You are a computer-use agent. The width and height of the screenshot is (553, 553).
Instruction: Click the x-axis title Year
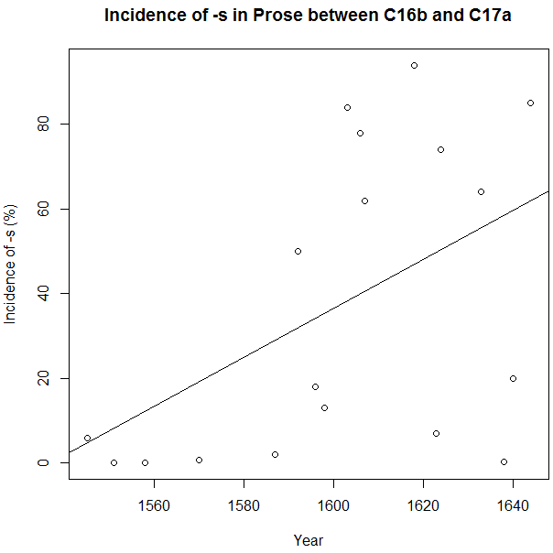coord(308,540)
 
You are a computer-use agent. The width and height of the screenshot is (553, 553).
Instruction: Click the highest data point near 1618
coord(414,65)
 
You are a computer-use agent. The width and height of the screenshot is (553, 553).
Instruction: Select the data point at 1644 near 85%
coord(530,103)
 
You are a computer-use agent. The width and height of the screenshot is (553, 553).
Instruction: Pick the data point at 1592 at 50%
coord(298,251)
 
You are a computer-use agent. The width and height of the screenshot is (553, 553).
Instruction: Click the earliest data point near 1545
coord(87,438)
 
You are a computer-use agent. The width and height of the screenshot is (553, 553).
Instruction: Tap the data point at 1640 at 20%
coord(513,378)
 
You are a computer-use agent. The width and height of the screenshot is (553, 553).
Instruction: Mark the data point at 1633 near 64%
coord(481,191)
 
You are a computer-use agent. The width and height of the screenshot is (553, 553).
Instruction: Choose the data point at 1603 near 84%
coord(347,107)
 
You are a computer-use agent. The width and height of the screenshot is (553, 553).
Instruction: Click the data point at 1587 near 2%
coord(275,454)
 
